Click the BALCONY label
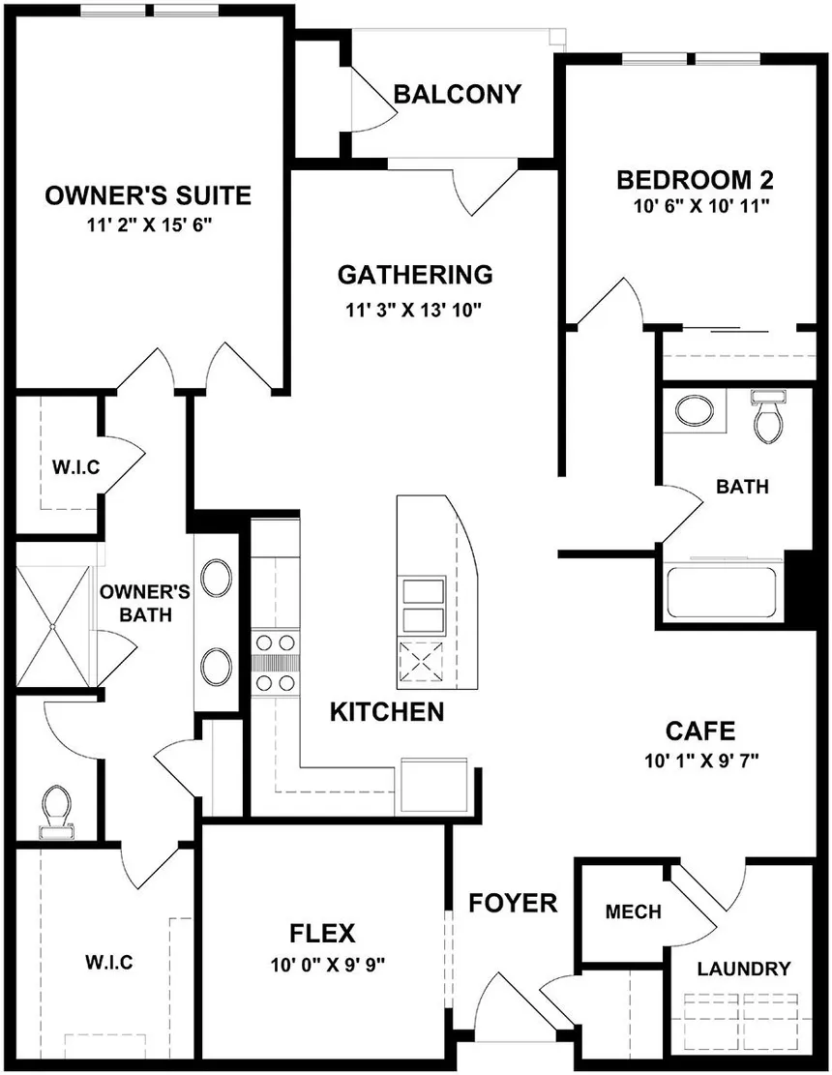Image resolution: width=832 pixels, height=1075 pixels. (458, 94)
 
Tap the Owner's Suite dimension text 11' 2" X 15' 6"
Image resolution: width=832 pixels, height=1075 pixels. (149, 225)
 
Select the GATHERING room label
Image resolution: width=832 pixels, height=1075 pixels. (415, 274)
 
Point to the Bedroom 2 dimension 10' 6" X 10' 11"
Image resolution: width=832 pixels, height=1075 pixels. (701, 206)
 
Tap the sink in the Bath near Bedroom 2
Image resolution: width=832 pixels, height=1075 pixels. (695, 411)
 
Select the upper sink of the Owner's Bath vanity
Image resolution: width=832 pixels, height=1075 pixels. (215, 577)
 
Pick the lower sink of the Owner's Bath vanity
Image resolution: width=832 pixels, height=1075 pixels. (215, 666)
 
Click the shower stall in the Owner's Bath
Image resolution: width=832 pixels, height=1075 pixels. (53, 625)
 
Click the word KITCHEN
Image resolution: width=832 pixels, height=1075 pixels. (387, 712)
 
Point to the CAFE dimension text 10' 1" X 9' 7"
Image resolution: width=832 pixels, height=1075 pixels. (701, 761)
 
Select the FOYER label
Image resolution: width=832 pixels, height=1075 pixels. (513, 903)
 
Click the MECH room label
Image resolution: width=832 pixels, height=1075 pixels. (634, 911)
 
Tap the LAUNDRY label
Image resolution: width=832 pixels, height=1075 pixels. (744, 969)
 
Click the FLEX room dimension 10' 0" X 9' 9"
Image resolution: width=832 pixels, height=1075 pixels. (328, 966)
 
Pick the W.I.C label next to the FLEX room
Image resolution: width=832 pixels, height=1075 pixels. (109, 962)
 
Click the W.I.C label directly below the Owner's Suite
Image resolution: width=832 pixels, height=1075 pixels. (76, 467)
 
